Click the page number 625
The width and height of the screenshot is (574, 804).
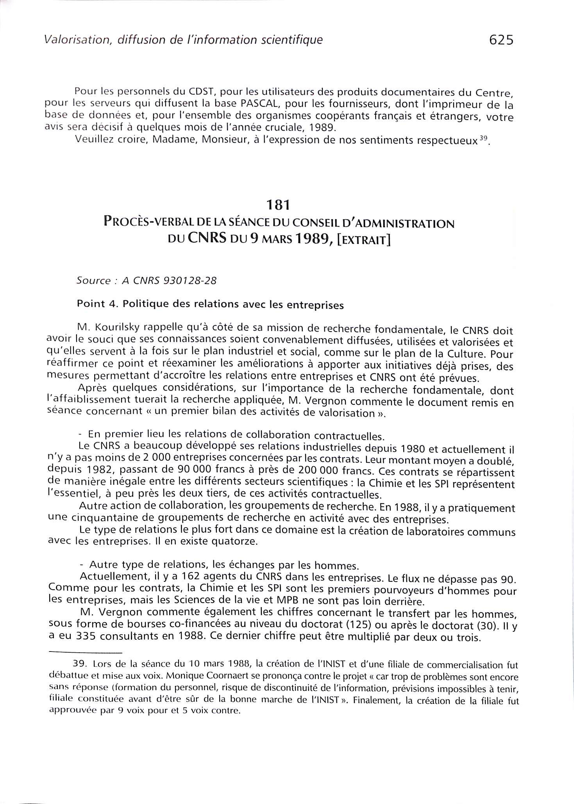(x=501, y=40)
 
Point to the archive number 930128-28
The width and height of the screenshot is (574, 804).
(x=192, y=281)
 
